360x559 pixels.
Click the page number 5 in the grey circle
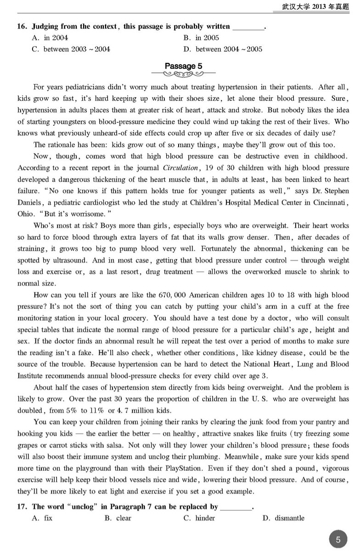(338, 540)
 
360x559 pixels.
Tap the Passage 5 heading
(183, 66)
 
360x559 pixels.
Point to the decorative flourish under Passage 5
(183, 73)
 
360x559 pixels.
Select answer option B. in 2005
(201, 38)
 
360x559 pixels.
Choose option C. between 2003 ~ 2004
(71, 49)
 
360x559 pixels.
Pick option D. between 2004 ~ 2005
(223, 49)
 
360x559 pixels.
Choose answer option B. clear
(118, 518)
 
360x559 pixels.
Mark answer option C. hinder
(199, 518)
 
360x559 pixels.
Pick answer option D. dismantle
(283, 518)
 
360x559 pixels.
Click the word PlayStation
(185, 469)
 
